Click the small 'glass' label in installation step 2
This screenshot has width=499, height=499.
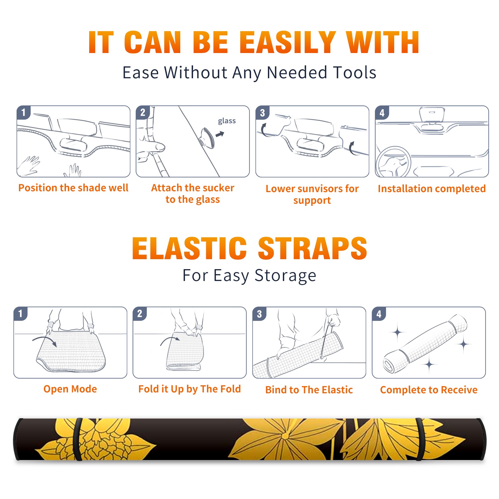(x=227, y=121)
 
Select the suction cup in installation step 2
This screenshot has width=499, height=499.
(x=207, y=138)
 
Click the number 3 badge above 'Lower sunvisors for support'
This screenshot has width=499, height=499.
(x=262, y=113)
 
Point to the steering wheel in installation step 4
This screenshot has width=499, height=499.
(x=393, y=162)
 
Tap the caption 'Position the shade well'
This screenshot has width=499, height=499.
(x=73, y=188)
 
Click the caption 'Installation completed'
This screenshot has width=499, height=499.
(x=432, y=188)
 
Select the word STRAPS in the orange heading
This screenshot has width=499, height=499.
(x=312, y=248)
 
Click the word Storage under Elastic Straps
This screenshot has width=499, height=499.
(x=285, y=276)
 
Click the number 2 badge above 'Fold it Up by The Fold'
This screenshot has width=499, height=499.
(x=139, y=313)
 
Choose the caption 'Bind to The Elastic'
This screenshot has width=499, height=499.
(x=309, y=390)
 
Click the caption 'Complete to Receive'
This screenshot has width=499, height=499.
(x=429, y=390)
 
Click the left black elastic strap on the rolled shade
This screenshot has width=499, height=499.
(x=77, y=439)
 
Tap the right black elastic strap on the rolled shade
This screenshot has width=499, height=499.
(x=419, y=439)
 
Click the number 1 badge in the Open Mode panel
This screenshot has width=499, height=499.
(x=20, y=313)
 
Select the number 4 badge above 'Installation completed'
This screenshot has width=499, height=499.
(x=382, y=113)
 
